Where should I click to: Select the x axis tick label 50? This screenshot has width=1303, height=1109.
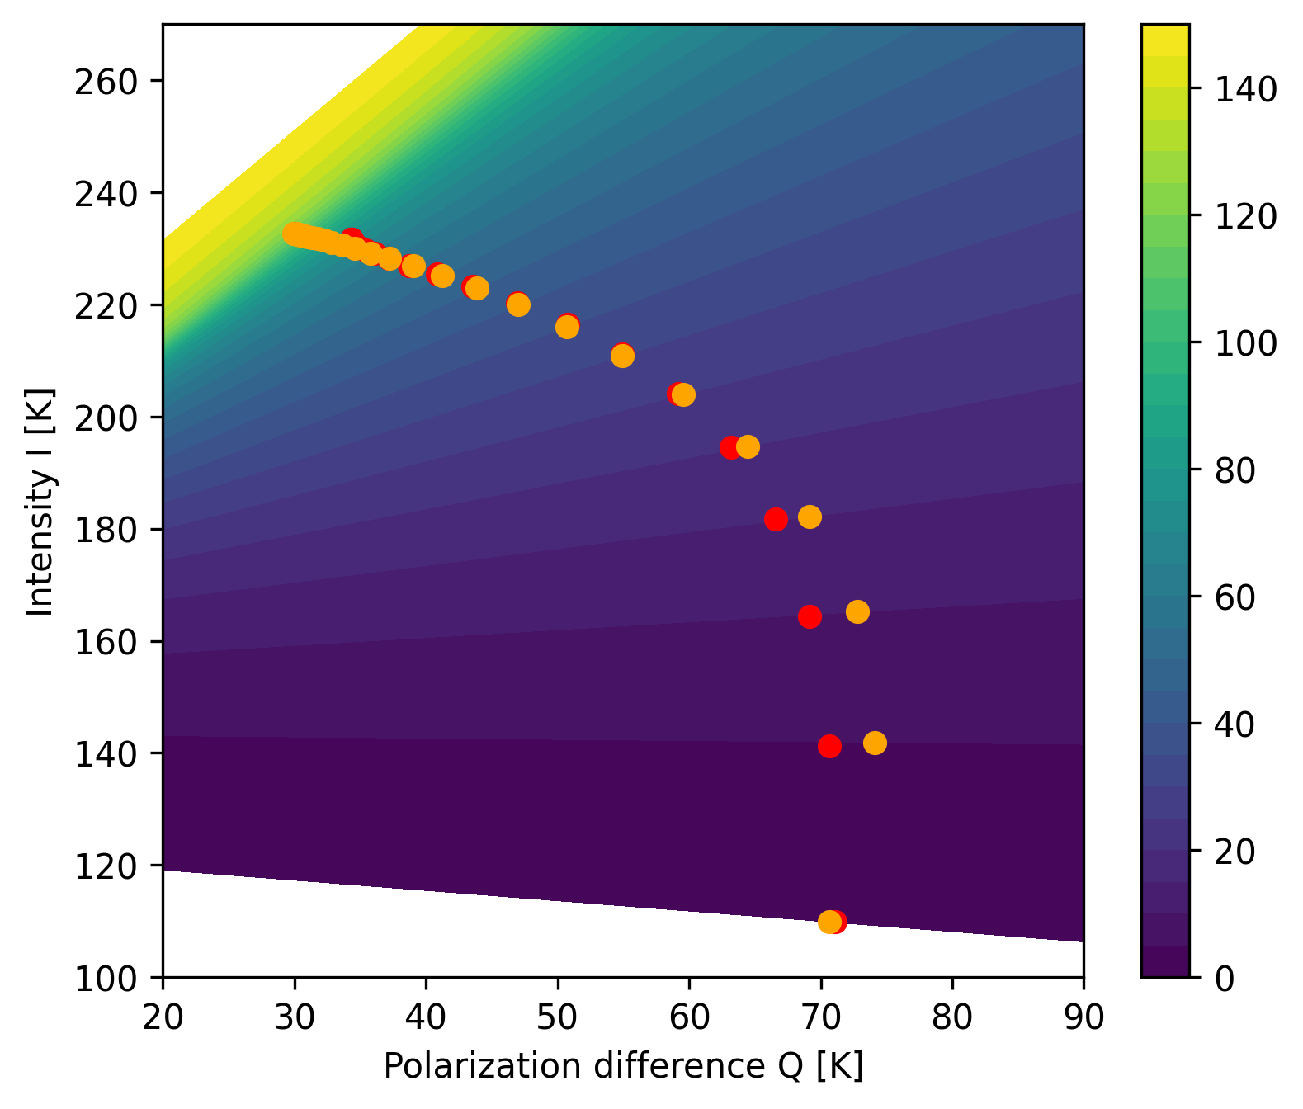click(558, 1018)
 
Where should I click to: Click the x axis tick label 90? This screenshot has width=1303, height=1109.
click(1083, 1018)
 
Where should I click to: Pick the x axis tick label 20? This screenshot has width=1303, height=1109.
click(163, 1018)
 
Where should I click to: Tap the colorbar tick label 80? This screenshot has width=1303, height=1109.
click(1235, 470)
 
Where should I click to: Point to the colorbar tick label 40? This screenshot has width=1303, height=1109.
click(1235, 724)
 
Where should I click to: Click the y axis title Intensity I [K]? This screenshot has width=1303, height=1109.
click(40, 502)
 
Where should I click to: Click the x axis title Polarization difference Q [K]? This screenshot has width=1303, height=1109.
click(623, 1067)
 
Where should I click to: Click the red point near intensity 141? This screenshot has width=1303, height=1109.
click(829, 746)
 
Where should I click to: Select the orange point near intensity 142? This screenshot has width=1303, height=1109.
click(875, 743)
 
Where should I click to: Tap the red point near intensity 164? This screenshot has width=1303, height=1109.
click(810, 616)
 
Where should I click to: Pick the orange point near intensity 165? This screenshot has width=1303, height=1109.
click(857, 611)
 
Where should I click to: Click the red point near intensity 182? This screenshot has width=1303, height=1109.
click(776, 519)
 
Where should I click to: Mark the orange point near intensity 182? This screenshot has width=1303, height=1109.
click(810, 517)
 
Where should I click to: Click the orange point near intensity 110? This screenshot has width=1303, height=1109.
click(829, 922)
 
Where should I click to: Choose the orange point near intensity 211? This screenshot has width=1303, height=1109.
click(622, 356)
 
